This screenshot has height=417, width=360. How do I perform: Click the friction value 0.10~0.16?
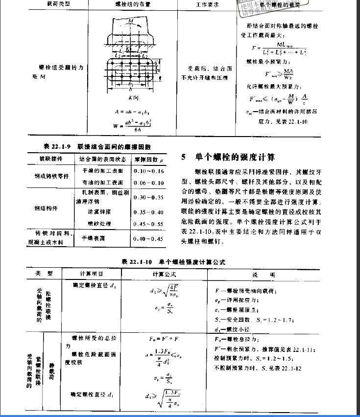click(x=150, y=171)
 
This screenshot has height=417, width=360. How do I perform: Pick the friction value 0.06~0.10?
click(x=150, y=183)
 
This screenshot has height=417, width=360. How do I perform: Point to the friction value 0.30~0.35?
click(x=150, y=197)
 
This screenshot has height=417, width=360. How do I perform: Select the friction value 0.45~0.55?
click(x=150, y=224)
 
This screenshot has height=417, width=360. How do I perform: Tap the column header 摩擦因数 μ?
click(x=149, y=159)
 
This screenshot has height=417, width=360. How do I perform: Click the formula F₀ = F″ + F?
click(x=164, y=339)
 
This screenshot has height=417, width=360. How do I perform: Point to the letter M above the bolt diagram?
click(x=130, y=21)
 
